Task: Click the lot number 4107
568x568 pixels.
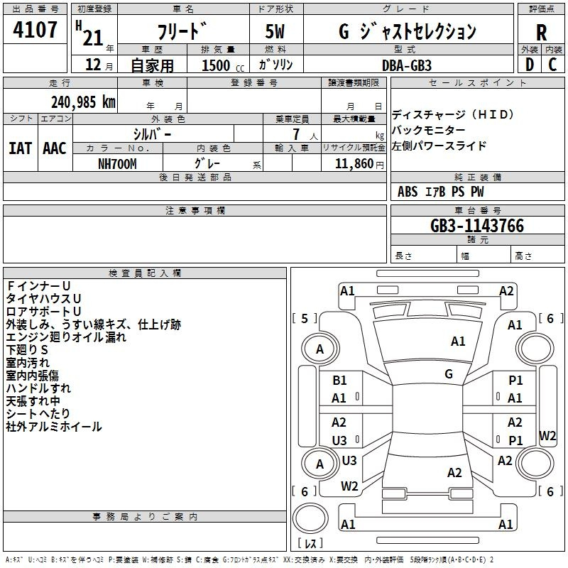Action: [x=35, y=29]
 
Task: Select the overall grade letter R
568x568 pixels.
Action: [x=541, y=33]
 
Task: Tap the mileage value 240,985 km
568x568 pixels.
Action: [x=83, y=102]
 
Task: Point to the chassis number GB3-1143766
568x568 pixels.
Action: [x=477, y=225]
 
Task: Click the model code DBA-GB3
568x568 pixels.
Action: [x=407, y=65]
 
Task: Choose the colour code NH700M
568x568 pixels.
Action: [x=117, y=164]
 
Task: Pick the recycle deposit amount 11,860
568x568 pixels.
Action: [x=354, y=163]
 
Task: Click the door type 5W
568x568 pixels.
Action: [x=275, y=31]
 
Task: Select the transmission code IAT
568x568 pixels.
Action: [x=20, y=148]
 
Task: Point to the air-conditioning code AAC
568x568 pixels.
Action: [x=55, y=148]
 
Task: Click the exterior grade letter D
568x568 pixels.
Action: [x=530, y=65]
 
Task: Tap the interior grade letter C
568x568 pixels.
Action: [x=552, y=65]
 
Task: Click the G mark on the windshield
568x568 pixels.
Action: [x=449, y=373]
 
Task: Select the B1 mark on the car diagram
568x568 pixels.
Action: [x=339, y=380]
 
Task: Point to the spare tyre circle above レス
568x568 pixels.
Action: [x=310, y=517]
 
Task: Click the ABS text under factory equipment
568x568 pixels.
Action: [x=408, y=192]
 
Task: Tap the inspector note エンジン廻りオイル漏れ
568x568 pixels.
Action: [x=66, y=337]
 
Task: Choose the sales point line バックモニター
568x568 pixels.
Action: [x=429, y=130]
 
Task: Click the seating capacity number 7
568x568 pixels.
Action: [x=296, y=134]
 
